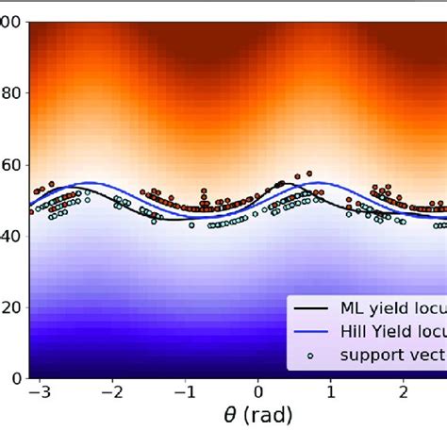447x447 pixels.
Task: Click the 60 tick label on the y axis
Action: click(x=13, y=166)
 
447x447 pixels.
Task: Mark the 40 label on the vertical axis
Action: click(x=13, y=237)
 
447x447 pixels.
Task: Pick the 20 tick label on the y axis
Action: click(x=13, y=307)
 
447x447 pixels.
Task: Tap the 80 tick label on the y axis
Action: click(x=13, y=94)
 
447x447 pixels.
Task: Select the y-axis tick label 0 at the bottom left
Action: click(x=18, y=378)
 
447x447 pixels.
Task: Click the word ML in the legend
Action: click(x=352, y=308)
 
